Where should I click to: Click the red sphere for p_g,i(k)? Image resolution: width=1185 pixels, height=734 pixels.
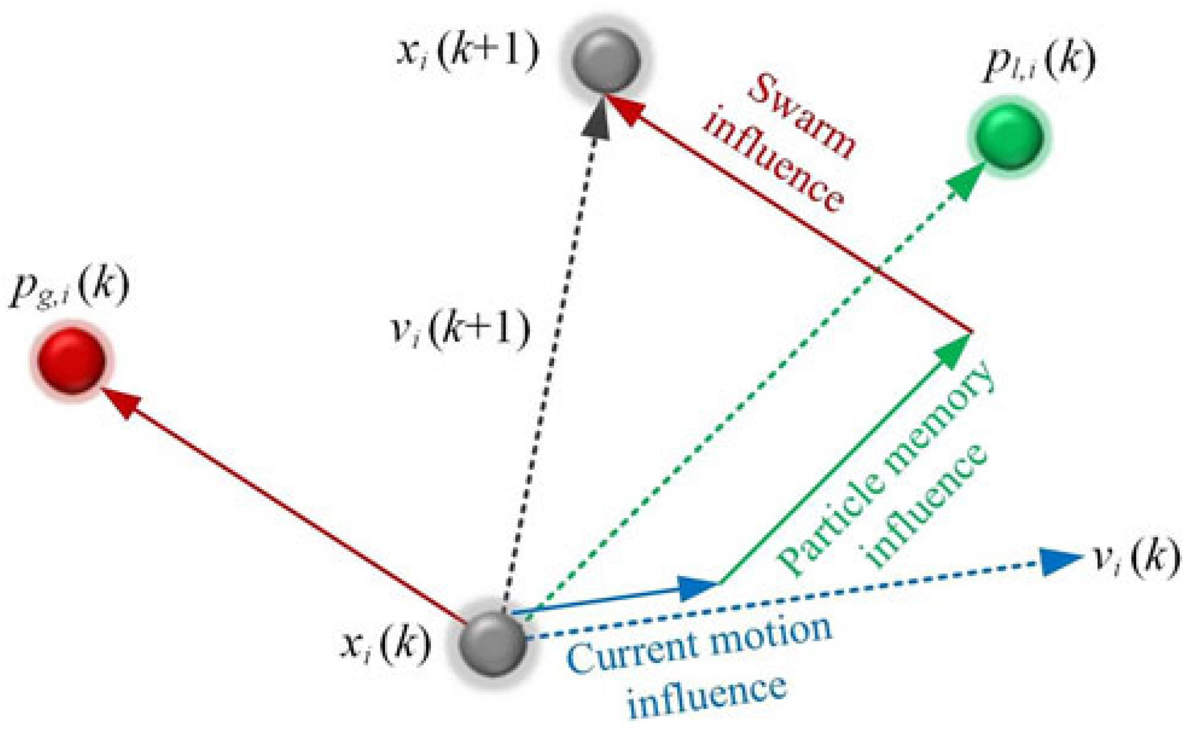[x=71, y=360]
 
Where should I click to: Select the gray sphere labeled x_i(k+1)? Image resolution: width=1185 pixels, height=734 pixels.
[x=606, y=59]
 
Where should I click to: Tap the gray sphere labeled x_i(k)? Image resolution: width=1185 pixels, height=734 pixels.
[x=492, y=643]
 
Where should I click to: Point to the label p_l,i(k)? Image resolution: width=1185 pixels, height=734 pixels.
[x=1039, y=61]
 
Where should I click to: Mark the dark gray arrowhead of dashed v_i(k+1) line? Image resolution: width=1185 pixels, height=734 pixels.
[x=596, y=120]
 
